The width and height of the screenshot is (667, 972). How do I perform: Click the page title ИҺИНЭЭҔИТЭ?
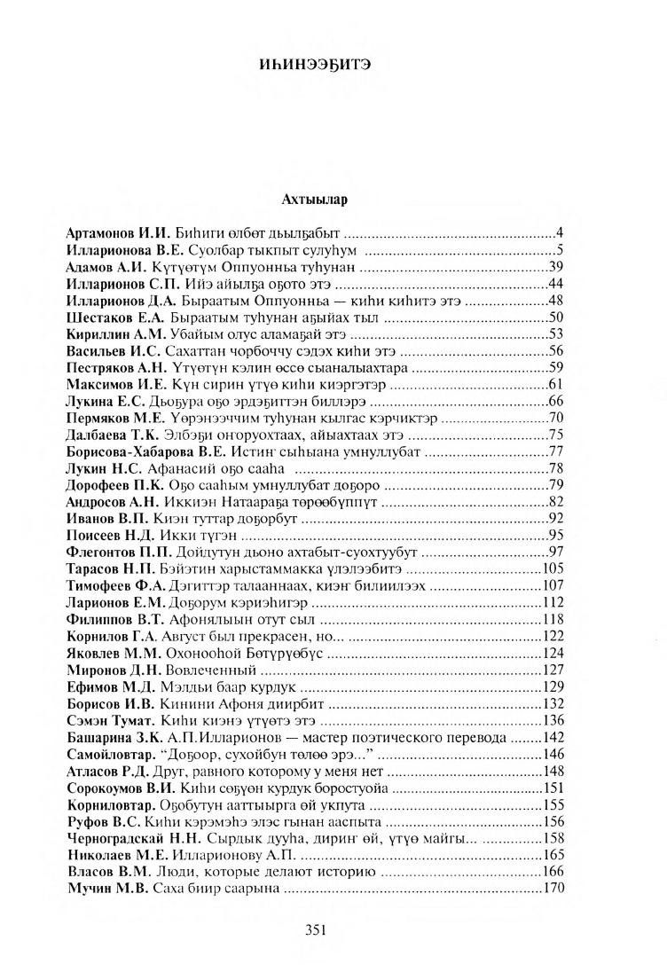[x=333, y=63]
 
